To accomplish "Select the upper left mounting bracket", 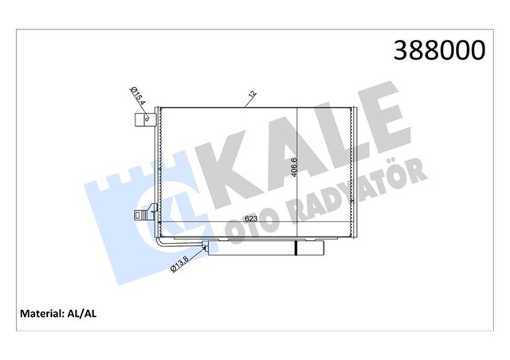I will coord(144,120).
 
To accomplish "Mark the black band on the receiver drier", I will coord(297,248).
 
